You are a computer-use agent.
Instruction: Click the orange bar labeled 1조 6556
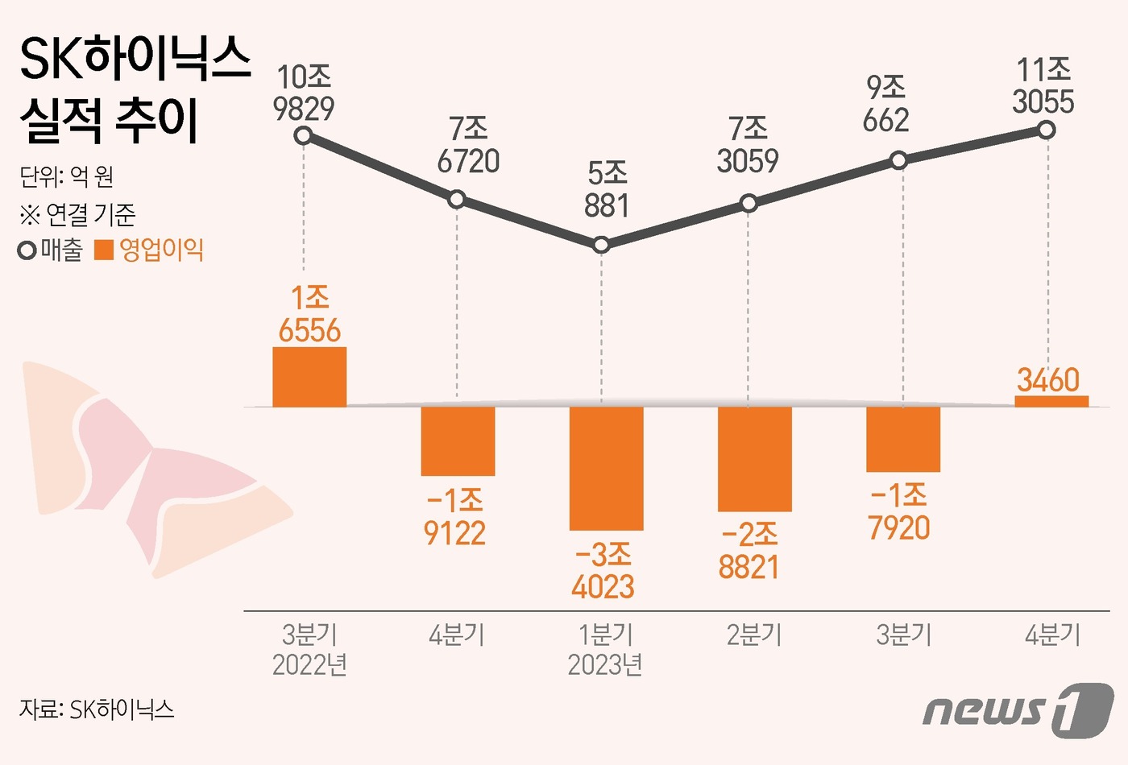tap(309, 377)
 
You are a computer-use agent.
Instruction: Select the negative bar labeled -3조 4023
tap(606, 468)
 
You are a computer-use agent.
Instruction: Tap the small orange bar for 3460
tap(1051, 401)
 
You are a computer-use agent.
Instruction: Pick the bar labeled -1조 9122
tap(458, 440)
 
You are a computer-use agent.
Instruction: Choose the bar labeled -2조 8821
tap(754, 459)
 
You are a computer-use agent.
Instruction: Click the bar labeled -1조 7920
tap(903, 439)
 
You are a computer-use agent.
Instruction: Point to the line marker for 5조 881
tap(600, 245)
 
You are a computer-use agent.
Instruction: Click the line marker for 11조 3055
tap(1046, 130)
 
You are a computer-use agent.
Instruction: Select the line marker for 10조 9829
tap(303, 135)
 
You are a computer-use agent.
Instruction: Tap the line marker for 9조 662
tap(898, 161)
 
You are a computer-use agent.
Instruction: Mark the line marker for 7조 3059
tap(749, 203)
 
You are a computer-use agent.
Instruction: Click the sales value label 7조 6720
tap(468, 145)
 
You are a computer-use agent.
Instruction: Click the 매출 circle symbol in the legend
tap(27, 251)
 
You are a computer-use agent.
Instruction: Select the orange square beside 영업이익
tap(104, 250)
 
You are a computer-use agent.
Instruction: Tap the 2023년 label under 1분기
tap(604, 665)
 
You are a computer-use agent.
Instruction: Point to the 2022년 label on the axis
tap(309, 665)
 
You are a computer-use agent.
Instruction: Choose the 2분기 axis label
tap(754, 635)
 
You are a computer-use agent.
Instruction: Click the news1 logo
tap(1018, 710)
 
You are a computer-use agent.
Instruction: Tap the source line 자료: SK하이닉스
tap(97, 709)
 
